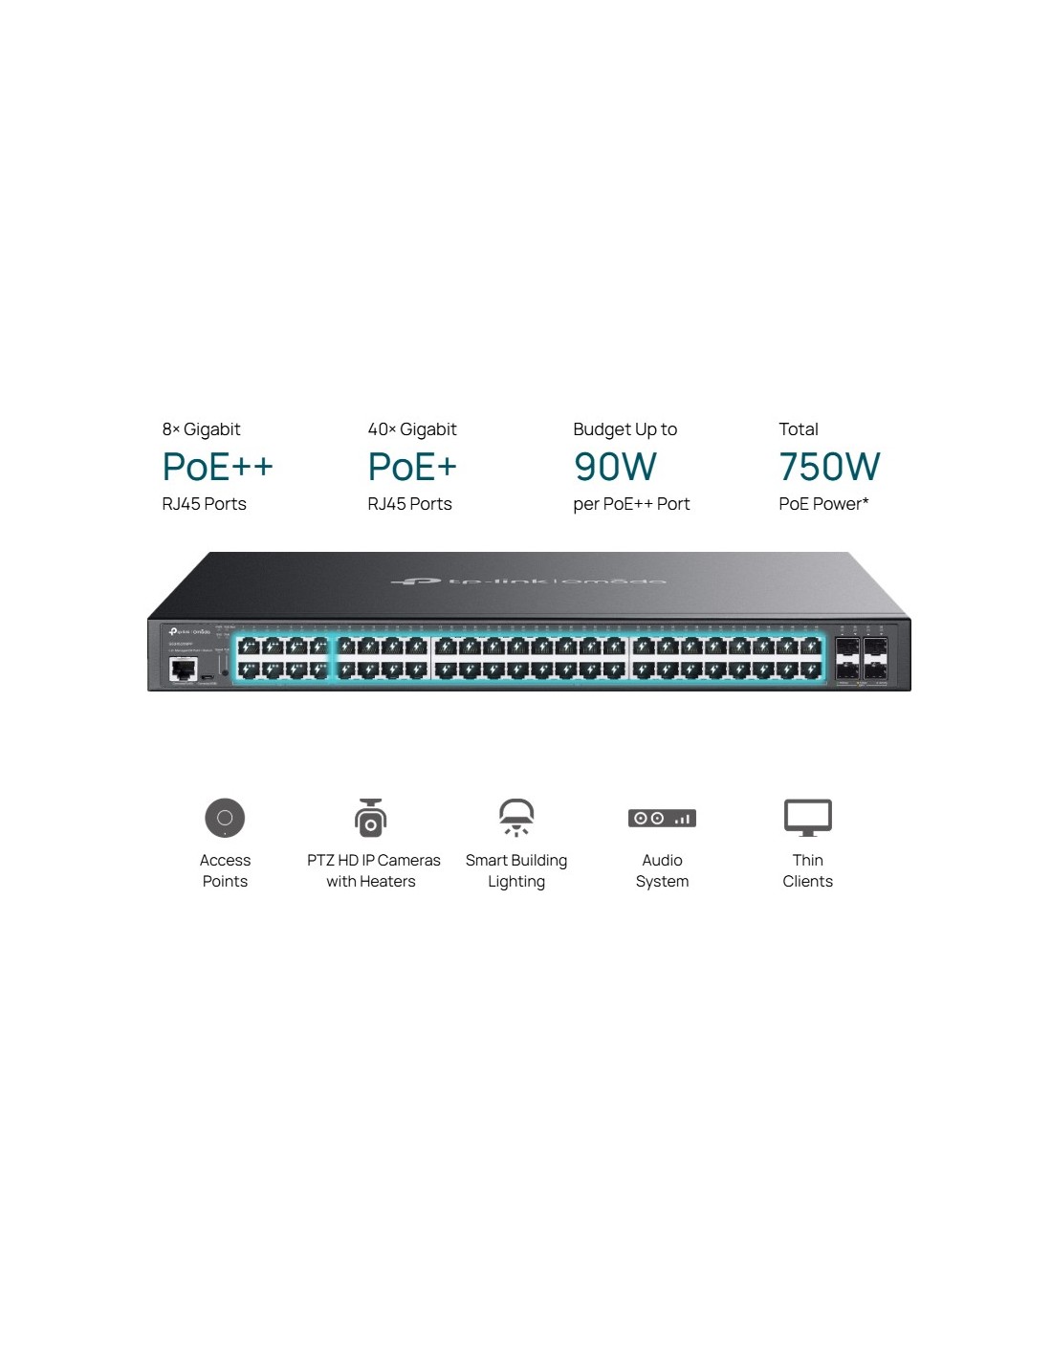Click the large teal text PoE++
click(218, 467)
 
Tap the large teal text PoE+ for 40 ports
click(412, 467)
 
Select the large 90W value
click(615, 467)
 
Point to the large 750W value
click(829, 467)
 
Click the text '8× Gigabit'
click(201, 429)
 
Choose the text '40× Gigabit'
click(412, 429)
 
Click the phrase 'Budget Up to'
click(625, 429)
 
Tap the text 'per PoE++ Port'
click(631, 504)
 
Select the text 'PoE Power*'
click(823, 504)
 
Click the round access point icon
click(225, 818)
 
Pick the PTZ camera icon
click(370, 819)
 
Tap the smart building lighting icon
click(516, 818)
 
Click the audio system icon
click(662, 819)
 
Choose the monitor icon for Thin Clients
click(808, 818)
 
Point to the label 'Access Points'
click(225, 870)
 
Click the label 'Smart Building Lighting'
click(516, 870)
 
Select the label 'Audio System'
click(662, 870)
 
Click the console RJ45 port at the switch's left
click(183, 669)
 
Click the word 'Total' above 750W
click(799, 429)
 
